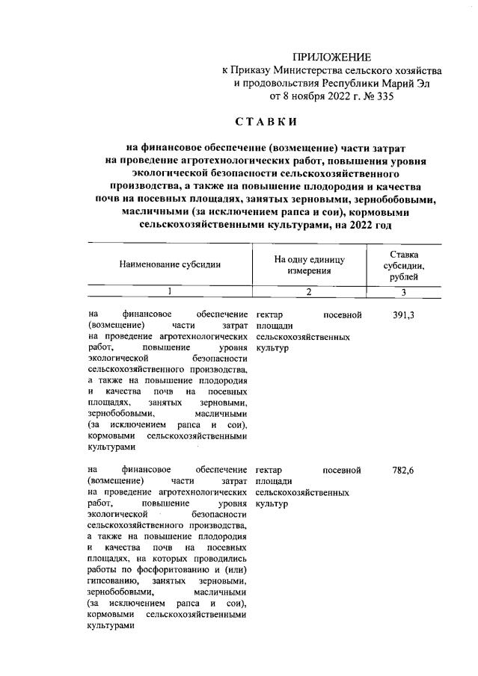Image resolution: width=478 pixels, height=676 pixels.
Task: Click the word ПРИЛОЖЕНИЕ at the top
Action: coord(331,57)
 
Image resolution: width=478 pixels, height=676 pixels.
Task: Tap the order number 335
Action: coord(383,96)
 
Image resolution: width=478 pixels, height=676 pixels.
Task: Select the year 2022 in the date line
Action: coord(335,96)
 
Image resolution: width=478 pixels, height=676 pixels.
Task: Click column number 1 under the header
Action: coord(169,291)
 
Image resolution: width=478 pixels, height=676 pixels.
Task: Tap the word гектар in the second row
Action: coord(268,470)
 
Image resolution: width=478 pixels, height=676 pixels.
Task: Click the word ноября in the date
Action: coord(303,96)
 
